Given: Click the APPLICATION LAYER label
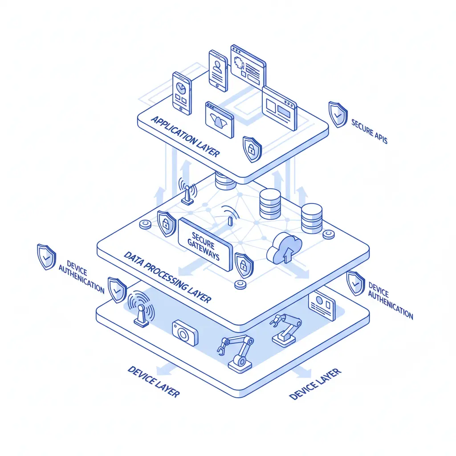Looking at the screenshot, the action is [185, 136].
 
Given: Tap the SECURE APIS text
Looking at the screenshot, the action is [369, 131].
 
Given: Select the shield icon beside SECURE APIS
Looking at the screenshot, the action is [338, 114].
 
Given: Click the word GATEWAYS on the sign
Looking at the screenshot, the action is [203, 250].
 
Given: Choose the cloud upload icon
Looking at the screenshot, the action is [284, 248].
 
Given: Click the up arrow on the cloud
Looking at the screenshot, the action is [288, 254].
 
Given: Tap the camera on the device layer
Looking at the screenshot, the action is [185, 333].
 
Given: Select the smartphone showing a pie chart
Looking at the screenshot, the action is [182, 94].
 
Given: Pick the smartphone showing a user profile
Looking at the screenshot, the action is [218, 71].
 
